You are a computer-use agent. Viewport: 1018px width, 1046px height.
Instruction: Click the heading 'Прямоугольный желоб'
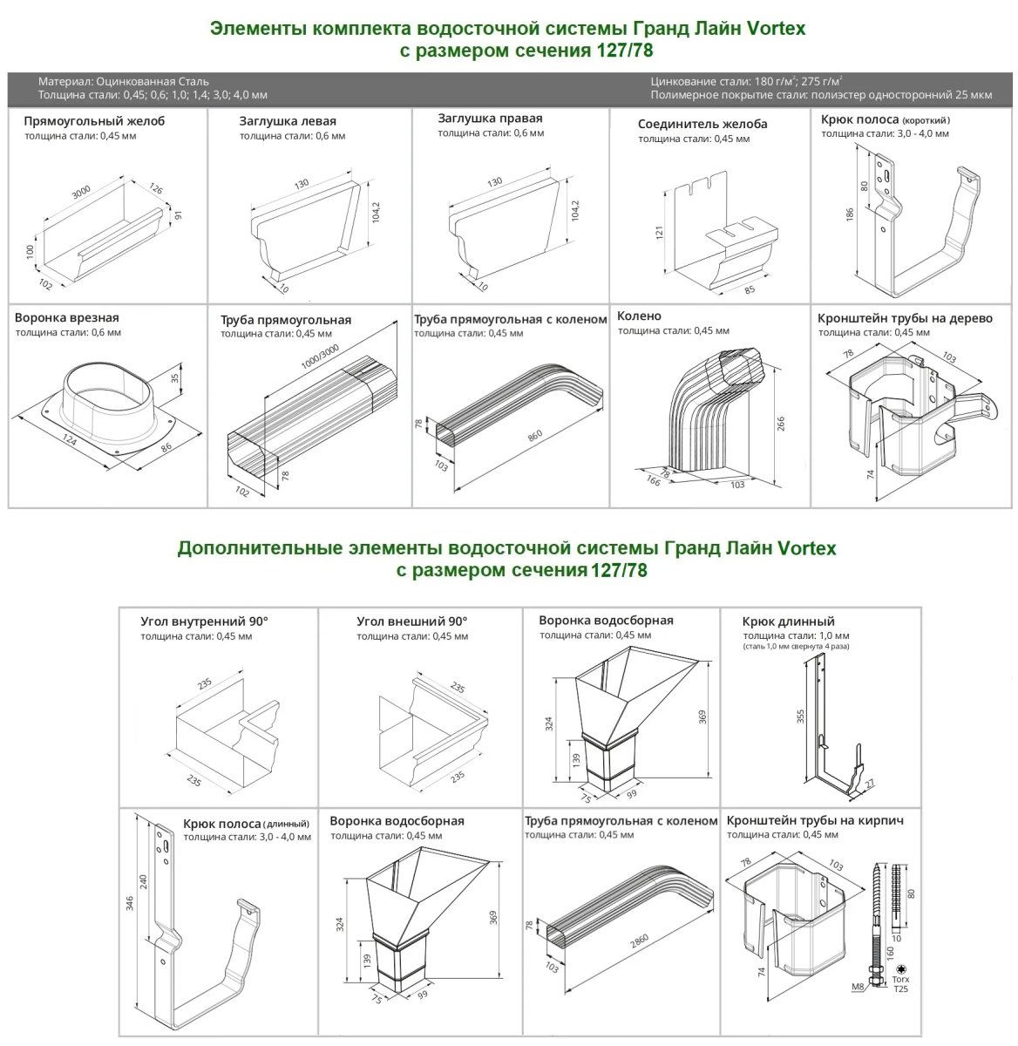coord(94,121)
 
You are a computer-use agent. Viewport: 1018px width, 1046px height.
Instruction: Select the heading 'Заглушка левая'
coord(288,121)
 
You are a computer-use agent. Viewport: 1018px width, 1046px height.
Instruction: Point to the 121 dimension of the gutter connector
coord(660,232)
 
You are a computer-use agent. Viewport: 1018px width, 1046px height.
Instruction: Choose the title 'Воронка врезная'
coord(67,318)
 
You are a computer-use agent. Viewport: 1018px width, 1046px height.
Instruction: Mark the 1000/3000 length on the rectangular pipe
coord(320,357)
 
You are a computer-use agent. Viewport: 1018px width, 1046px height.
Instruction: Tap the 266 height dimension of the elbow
coord(781,424)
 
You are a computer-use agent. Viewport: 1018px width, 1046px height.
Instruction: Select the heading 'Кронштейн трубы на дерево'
coord(905,318)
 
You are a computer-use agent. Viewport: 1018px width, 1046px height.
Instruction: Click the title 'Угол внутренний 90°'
coord(205,621)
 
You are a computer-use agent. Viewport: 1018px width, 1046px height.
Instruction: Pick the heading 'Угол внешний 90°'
coord(412,621)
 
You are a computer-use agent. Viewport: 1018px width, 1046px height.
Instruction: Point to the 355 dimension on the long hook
coord(800,716)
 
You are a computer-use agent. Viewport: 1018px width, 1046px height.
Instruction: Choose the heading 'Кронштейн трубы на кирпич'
coord(815,820)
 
